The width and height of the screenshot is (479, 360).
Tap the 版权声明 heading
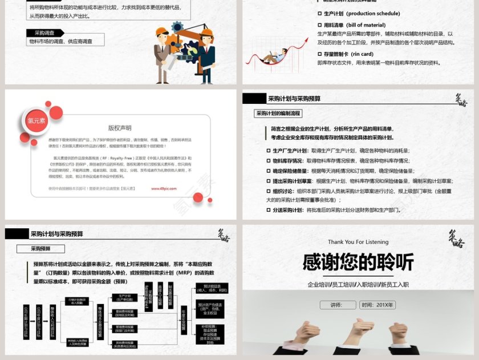click(x=120, y=128)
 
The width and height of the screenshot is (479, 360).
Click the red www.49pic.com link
click(x=165, y=188)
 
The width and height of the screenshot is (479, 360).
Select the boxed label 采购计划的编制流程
click(x=278, y=114)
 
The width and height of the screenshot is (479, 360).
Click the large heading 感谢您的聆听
click(x=358, y=262)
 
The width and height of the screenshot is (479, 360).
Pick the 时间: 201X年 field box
click(x=377, y=305)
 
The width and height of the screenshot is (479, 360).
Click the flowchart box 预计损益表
click(x=212, y=288)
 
